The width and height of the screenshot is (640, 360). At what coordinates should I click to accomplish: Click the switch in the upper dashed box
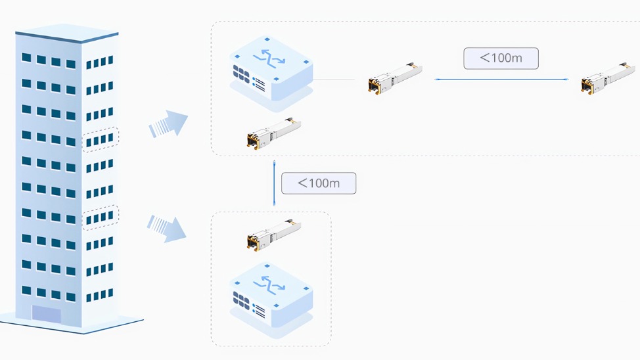[271, 69]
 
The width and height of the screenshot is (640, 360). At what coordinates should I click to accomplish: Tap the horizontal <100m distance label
[501, 58]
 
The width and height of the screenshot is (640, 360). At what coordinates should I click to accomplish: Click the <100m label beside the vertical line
[319, 183]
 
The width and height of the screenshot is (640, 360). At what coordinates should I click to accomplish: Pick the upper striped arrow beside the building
[168, 124]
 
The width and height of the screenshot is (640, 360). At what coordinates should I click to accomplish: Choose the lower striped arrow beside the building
[167, 227]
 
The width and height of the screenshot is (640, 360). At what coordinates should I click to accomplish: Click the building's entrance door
[46, 314]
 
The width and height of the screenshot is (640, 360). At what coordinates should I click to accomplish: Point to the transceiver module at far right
[607, 78]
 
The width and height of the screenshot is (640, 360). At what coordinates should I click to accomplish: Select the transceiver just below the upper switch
[273, 133]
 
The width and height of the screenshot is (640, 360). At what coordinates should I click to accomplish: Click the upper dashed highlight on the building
[100, 139]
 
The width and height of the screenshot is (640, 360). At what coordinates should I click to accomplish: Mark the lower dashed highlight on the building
[100, 217]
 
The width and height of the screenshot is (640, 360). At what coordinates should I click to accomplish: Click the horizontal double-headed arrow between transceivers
[502, 79]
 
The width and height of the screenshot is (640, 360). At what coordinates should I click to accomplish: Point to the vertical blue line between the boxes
[275, 182]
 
